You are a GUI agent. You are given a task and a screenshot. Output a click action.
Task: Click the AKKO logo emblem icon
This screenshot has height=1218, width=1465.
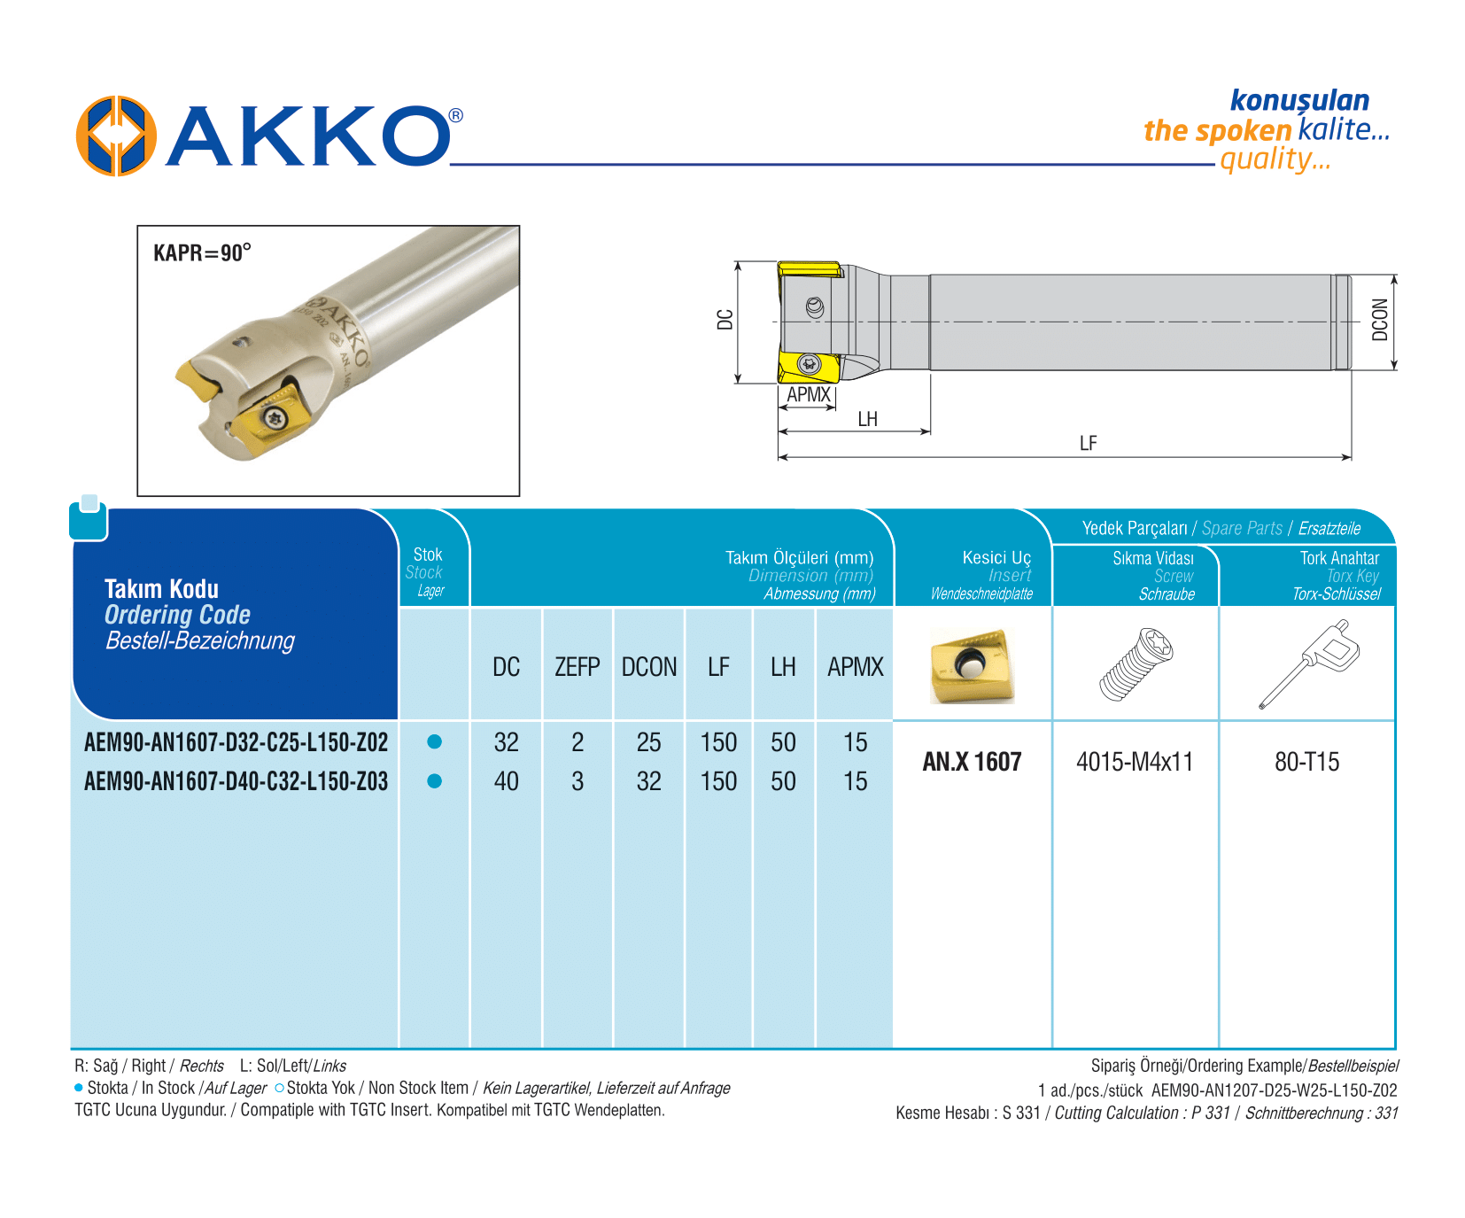116,136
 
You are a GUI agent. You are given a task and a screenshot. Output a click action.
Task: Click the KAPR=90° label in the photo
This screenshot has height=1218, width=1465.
202,253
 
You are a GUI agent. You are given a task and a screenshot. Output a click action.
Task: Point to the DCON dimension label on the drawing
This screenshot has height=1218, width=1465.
1380,320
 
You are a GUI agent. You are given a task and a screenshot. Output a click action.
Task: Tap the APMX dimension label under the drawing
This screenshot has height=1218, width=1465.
809,395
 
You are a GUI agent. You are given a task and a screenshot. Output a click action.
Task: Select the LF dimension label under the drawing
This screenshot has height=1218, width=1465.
1088,444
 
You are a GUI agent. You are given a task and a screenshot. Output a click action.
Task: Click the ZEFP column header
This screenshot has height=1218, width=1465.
577,667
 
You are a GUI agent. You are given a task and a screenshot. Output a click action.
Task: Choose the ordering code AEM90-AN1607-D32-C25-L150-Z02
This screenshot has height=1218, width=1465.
236,742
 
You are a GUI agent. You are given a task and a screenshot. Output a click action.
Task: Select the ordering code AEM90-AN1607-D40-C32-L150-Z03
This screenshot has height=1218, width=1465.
236,781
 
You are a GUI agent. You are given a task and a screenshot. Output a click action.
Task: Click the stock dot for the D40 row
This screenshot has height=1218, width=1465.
434,781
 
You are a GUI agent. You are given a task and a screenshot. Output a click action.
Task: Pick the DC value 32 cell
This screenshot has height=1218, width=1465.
507,742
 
